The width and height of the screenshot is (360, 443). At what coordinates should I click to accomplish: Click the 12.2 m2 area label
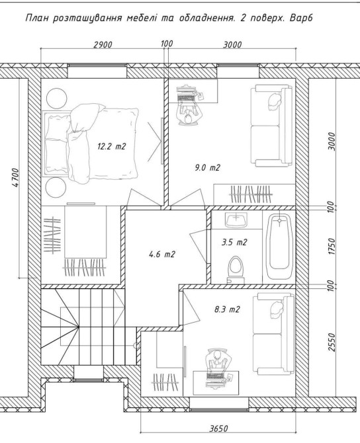pos(111,146)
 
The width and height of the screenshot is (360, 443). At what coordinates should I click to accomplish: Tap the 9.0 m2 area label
pos(207,167)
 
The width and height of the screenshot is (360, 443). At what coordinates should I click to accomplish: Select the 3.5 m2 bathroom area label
pos(234,242)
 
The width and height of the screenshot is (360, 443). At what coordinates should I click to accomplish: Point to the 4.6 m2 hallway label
pos(162,255)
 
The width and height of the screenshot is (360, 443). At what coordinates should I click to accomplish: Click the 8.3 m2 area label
pos(227,309)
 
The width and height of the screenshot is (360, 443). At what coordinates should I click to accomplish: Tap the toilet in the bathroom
pos(236,270)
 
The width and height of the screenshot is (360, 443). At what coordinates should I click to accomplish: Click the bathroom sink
pos(236,220)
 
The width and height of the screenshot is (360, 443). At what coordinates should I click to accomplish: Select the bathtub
pos(279,246)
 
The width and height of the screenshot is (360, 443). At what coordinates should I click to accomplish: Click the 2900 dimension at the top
pos(103,44)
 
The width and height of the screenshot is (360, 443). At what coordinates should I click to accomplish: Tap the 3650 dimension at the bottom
pos(218,428)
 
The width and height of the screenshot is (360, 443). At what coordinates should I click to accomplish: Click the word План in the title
pos(37,19)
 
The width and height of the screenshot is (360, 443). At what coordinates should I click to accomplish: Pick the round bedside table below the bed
pos(56,188)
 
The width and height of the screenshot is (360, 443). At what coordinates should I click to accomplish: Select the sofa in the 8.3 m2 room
pos(273,335)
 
